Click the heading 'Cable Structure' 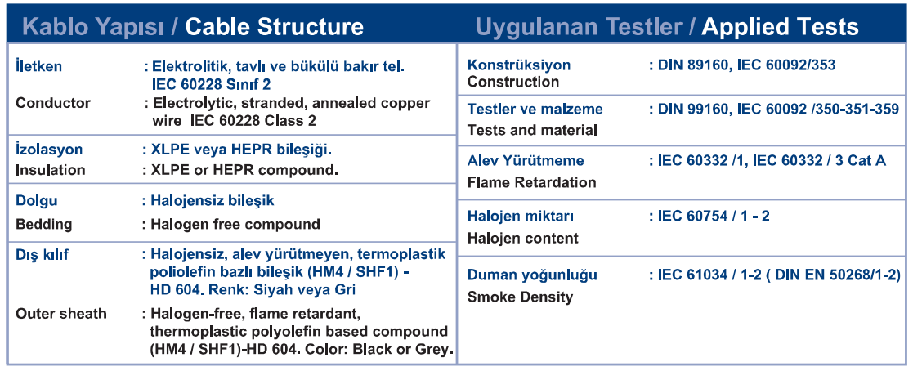tap(275, 26)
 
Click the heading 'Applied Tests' tap(780, 26)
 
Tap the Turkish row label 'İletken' tap(38, 66)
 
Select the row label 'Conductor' tap(53, 103)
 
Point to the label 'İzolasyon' tap(49, 149)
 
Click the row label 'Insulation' tap(51, 170)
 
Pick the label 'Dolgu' tap(37, 202)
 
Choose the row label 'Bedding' tap(44, 224)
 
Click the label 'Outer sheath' tap(61, 314)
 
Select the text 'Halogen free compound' tap(236, 224)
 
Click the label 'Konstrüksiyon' tap(519, 65)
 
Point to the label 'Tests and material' tap(533, 131)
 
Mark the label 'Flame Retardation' tap(532, 182)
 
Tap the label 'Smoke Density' tap(521, 297)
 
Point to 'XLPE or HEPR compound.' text tap(244, 170)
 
